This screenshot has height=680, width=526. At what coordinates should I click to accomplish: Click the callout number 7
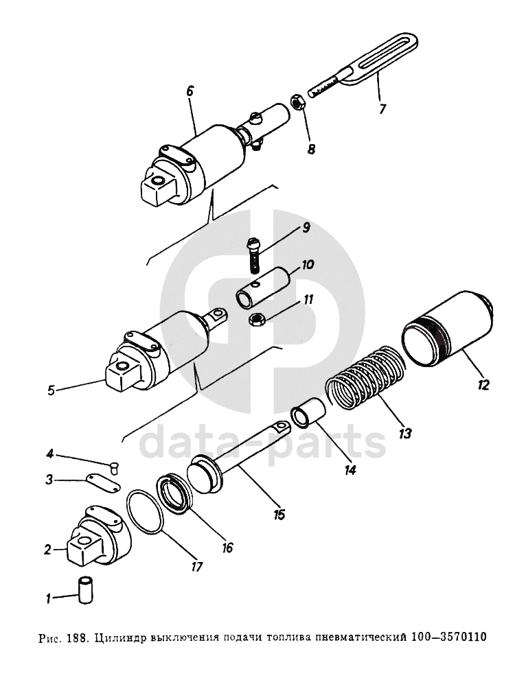(383, 108)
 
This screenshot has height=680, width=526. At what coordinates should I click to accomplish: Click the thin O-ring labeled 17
(146, 511)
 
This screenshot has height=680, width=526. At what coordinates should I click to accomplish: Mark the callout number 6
(190, 91)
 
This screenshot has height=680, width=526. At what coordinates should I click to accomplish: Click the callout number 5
(51, 391)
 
